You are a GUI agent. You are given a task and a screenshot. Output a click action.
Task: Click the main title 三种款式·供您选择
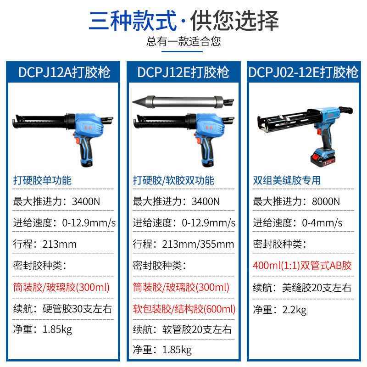[183, 21]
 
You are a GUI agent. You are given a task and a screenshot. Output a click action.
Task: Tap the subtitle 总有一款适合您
[183, 42]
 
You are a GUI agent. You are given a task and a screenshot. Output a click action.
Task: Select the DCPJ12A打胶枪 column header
[64, 72]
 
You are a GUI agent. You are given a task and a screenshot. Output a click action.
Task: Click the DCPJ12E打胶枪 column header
[183, 72]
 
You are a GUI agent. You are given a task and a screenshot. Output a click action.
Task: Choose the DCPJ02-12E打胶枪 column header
[303, 72]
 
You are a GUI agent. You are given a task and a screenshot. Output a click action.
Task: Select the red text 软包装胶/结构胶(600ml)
[184, 309]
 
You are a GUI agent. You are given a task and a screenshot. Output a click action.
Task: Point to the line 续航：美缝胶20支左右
[302, 288]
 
